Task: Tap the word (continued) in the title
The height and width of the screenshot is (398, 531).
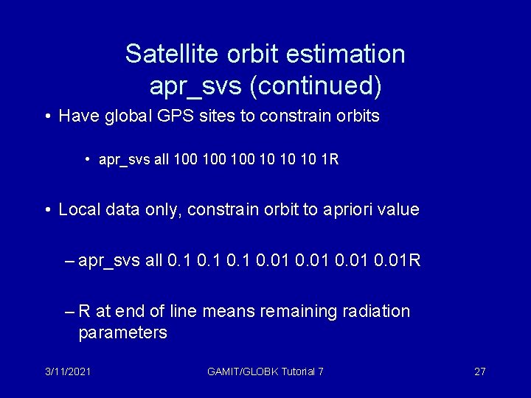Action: (315, 86)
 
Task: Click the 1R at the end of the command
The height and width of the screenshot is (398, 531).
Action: (330, 159)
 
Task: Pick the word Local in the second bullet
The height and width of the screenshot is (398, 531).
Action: (80, 210)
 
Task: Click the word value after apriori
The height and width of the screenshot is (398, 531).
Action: (398, 210)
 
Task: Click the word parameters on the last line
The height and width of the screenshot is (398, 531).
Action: (122, 333)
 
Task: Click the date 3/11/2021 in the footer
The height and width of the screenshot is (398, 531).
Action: (67, 371)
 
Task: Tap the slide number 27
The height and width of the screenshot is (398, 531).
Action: (479, 371)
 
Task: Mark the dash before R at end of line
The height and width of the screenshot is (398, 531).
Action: (69, 312)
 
